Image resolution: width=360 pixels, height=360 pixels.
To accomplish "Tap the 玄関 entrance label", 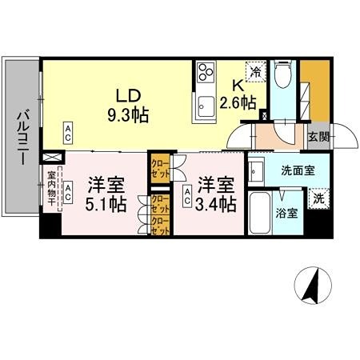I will (x=318, y=137).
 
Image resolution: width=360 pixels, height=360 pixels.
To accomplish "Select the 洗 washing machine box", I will (x=318, y=198).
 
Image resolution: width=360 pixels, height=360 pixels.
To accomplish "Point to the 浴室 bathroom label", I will (x=288, y=214).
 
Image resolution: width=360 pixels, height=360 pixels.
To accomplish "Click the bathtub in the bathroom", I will (x=260, y=213).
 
